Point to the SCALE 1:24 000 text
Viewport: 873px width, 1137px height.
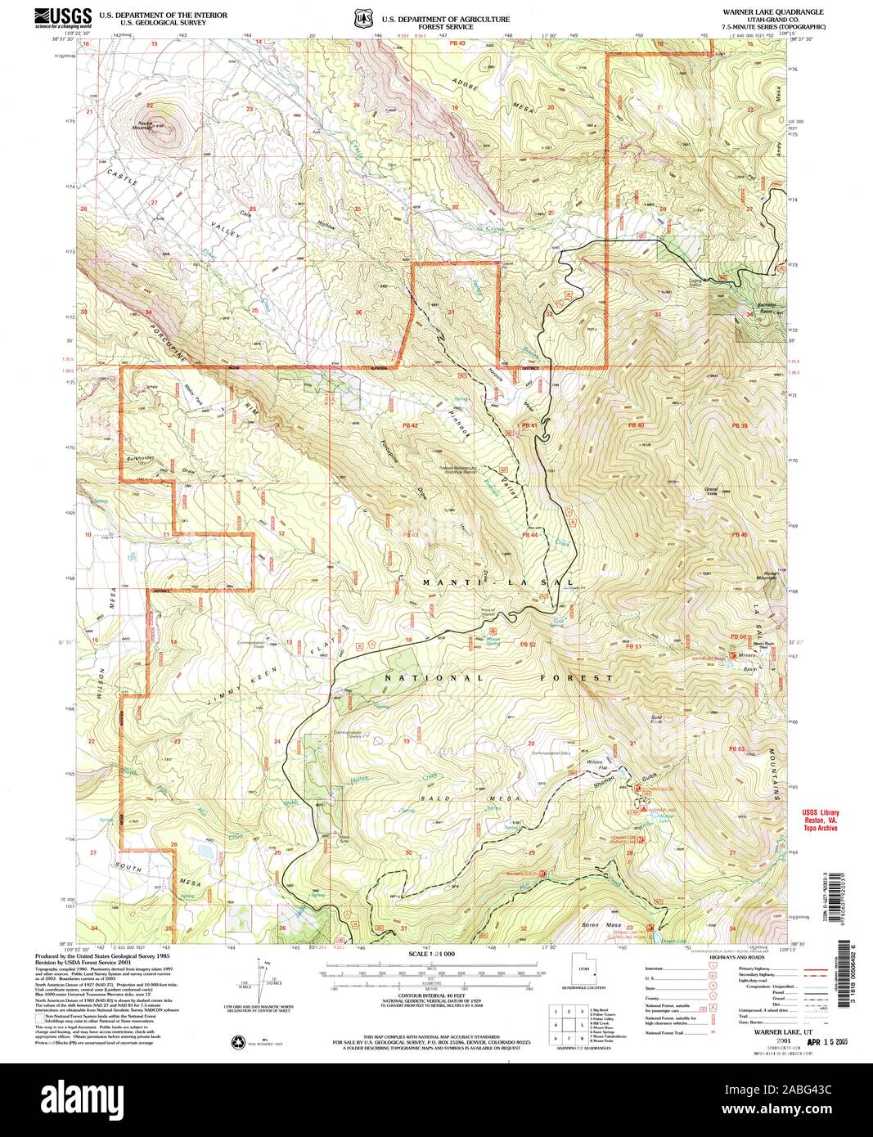[430, 955]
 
